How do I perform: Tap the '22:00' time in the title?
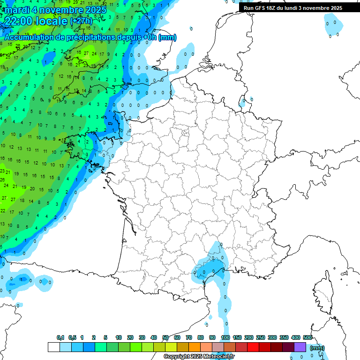tap(17, 21)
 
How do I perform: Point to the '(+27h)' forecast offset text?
tap(81, 21)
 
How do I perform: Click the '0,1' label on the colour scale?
tap(60, 337)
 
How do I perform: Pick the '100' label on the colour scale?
tap(225, 337)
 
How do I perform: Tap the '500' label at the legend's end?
tap(307, 337)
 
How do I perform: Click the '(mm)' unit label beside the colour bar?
tap(317, 348)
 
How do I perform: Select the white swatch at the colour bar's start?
tap(54, 347)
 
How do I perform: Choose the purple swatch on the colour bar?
tap(300, 347)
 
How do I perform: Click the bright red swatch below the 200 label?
tap(253, 347)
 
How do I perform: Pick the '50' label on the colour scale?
tap(165, 337)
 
